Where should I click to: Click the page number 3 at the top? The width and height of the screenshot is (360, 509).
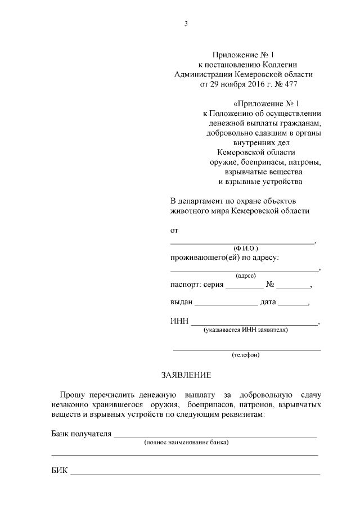[186, 23]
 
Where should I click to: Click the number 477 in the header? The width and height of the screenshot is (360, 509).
[290, 84]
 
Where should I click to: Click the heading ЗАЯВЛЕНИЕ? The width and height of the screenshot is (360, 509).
[186, 375]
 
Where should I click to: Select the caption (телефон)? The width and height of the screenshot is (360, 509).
[246, 355]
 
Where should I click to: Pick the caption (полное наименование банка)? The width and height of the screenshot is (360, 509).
[186, 443]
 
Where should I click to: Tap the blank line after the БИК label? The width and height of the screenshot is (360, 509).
[194, 472]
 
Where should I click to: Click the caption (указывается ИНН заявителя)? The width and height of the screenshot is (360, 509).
[246, 330]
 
